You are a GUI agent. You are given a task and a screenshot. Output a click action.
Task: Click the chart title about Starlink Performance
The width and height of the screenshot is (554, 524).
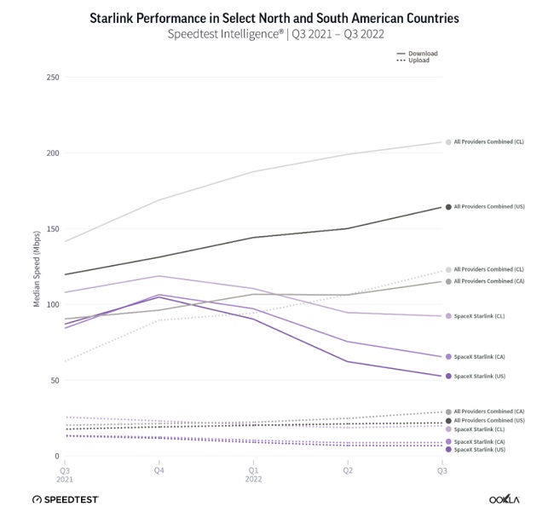click(276, 18)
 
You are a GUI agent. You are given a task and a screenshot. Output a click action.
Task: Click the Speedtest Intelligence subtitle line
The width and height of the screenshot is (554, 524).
click(276, 35)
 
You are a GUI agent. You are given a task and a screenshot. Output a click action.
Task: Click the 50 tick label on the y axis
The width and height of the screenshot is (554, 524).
click(55, 380)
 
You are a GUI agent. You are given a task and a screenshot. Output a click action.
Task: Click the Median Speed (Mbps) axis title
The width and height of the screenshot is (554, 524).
click(37, 268)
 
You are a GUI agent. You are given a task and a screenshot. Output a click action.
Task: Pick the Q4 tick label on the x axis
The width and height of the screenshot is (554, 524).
click(159, 469)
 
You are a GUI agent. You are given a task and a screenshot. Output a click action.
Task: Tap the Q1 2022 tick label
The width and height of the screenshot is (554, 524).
click(254, 474)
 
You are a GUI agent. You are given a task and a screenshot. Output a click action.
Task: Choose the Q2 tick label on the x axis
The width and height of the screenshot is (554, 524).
click(348, 469)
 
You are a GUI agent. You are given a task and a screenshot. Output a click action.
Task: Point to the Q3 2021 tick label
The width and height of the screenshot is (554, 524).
click(65, 474)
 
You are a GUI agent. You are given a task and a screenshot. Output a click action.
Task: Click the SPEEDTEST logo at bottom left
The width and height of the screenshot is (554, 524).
click(66, 499)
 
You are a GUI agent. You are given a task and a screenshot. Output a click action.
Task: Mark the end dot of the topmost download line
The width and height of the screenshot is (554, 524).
click(448, 142)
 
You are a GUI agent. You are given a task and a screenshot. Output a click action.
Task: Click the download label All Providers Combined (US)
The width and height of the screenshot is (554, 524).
click(488, 207)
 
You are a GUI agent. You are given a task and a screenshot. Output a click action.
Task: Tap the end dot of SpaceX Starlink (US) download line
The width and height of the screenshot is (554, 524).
click(448, 376)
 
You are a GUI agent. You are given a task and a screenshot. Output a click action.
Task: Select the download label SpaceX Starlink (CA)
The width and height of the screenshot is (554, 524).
click(479, 357)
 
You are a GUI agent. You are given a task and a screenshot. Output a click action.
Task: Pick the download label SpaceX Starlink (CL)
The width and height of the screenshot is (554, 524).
click(479, 316)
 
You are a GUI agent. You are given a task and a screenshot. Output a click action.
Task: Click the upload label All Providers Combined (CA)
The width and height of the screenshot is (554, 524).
click(488, 412)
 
